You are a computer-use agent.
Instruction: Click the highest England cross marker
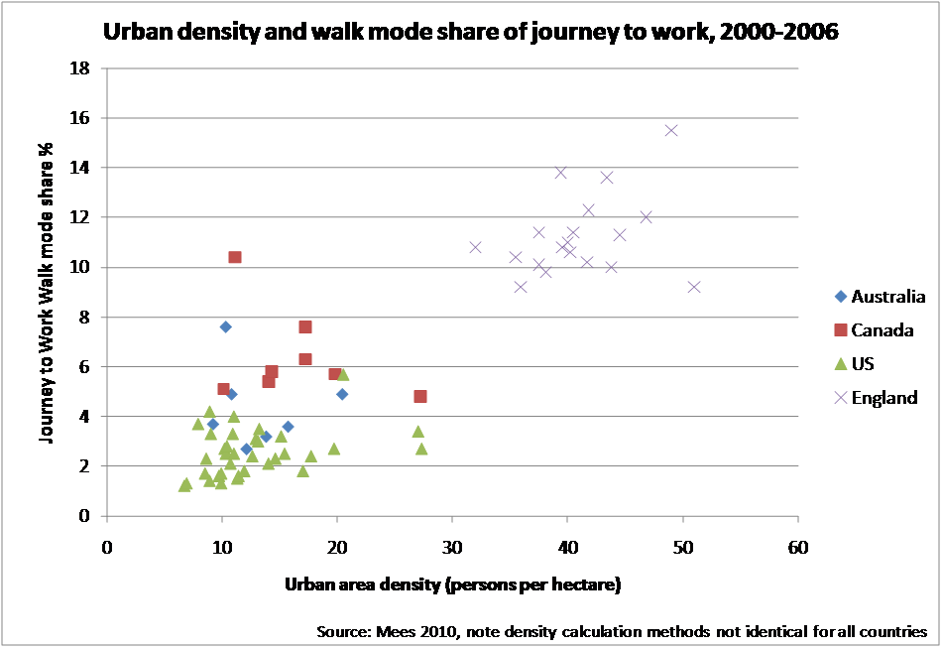[x=671, y=130]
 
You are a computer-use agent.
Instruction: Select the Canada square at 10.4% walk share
[x=235, y=257]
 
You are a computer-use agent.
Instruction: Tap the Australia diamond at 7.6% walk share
[x=225, y=326]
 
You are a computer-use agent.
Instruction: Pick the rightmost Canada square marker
[x=420, y=396]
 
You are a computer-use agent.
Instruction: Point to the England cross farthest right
[x=694, y=287]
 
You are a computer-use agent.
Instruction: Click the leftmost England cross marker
[x=475, y=247]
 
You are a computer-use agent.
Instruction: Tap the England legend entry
[x=877, y=397]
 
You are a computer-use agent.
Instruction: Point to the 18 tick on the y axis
[x=82, y=68]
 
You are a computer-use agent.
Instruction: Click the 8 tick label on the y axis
[x=86, y=318]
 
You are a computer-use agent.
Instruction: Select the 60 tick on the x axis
[x=797, y=545]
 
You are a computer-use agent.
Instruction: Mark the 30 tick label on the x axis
[x=452, y=545]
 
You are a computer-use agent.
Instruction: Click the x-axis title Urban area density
[x=452, y=584]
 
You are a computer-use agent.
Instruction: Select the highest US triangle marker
[x=343, y=374]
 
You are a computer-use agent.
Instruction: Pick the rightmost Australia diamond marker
[x=342, y=394]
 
